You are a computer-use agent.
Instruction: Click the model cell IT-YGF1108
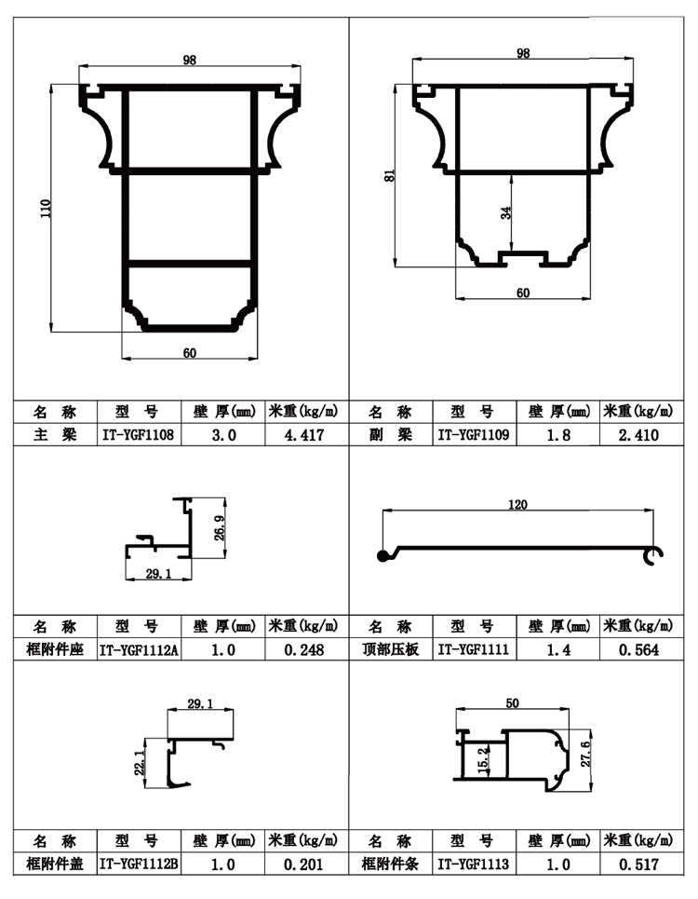pos(138,434)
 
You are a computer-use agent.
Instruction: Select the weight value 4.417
pos(304,434)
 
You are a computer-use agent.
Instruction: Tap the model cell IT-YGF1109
pos(474,434)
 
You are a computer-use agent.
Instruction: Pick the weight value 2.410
pos(639,434)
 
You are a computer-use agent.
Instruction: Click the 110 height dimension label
pos(46,208)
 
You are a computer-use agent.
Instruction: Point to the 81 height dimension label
pos(389,176)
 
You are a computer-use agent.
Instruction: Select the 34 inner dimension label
pos(505,212)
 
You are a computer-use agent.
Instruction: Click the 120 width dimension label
pos(517,505)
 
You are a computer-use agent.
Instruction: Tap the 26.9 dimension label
pos(220,527)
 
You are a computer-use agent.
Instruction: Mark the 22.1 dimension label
pos(140,763)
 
